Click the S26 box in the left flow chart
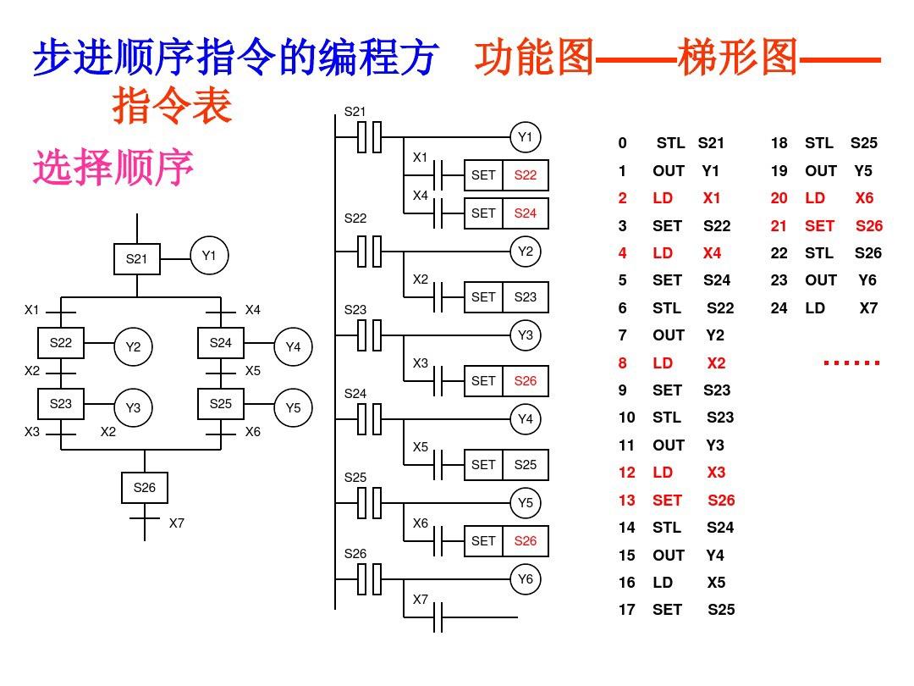coord(145,488)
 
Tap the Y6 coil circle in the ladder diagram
coord(526,579)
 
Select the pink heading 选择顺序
coord(113,168)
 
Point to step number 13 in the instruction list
coord(626,500)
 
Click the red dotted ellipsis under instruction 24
coord(852,363)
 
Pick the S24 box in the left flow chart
coord(221,343)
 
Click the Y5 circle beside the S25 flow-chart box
coord(293,408)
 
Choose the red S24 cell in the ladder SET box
coord(526,213)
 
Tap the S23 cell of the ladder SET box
coord(526,297)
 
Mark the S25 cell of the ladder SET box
coord(526,465)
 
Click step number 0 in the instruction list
coord(623,143)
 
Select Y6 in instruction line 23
coord(867,280)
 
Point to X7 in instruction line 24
coord(869,308)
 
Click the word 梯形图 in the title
coord(738,58)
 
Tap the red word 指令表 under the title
coord(172,108)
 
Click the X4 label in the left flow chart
coord(253,310)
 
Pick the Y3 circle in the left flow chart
coord(133,408)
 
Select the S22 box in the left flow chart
coord(61,343)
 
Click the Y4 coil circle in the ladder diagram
coord(526,419)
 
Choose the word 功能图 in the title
coord(534,58)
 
